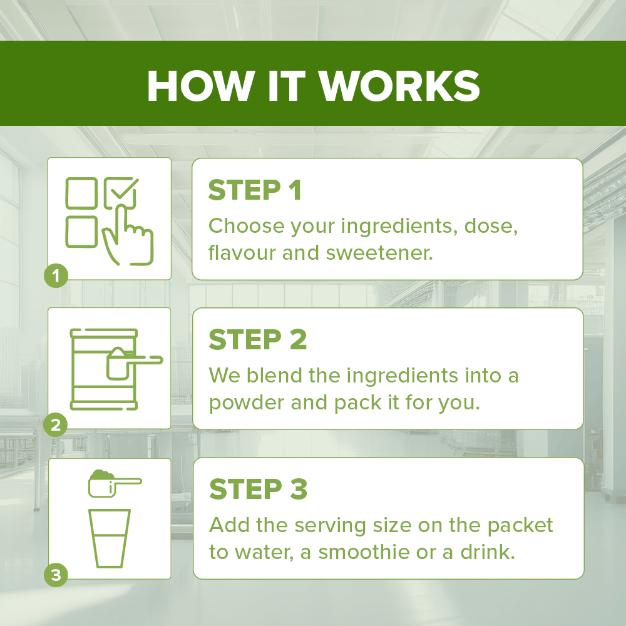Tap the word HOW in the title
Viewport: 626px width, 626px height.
tap(201, 86)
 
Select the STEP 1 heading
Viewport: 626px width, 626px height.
tap(255, 190)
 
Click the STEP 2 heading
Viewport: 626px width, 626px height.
tap(258, 340)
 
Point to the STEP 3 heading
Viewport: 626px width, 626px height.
tap(259, 489)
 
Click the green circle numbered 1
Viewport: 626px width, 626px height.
tap(56, 275)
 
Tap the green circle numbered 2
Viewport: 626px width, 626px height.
tap(56, 425)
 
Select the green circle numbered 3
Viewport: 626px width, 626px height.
tap(56, 575)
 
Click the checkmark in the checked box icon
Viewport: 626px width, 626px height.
tap(125, 188)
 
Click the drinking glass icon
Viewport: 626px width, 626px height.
tap(110, 538)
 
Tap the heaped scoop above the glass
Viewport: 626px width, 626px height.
tap(114, 483)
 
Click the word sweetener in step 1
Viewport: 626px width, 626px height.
tap(380, 253)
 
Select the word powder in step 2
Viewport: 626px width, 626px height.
tap(246, 403)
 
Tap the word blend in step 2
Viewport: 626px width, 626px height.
tap(274, 375)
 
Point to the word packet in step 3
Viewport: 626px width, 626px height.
tap(520, 526)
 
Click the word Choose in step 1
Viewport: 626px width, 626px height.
tap(246, 226)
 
